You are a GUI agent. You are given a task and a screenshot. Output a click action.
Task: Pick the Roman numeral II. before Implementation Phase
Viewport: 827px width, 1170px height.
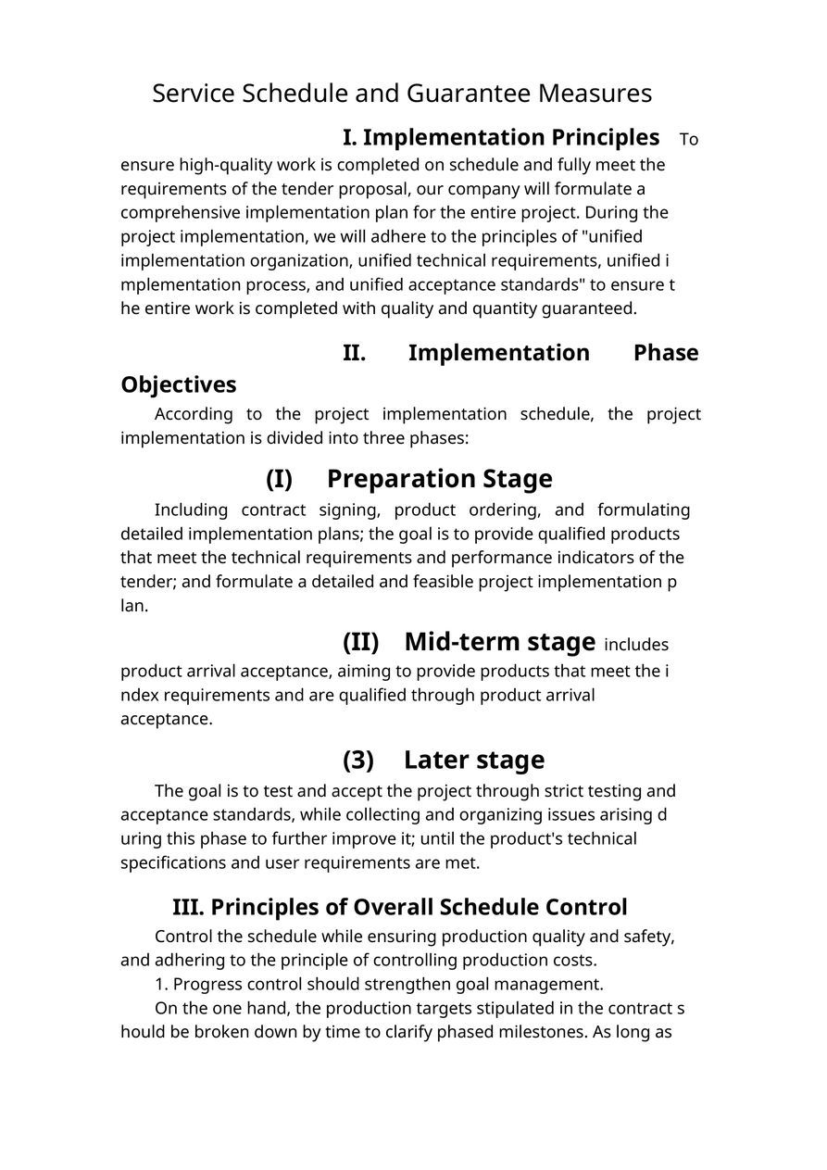tap(354, 353)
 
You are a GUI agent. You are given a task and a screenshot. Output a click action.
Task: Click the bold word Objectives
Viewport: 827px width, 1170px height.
tap(179, 384)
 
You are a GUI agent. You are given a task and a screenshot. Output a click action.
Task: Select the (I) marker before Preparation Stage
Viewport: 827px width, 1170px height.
tap(279, 479)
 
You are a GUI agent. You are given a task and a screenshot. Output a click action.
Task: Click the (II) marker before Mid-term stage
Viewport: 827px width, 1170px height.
tap(360, 642)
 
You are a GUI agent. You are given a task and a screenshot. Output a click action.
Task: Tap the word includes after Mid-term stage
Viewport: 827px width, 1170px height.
tap(636, 645)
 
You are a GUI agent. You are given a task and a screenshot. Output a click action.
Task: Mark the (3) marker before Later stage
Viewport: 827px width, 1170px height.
tap(358, 761)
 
